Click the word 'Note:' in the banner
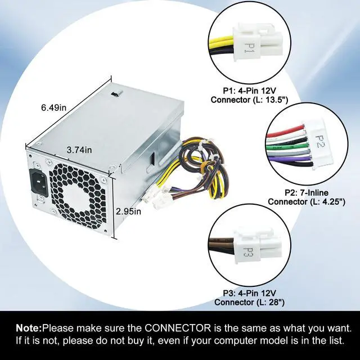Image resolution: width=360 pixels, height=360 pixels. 29,328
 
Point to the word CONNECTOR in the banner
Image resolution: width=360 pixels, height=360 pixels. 179,328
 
